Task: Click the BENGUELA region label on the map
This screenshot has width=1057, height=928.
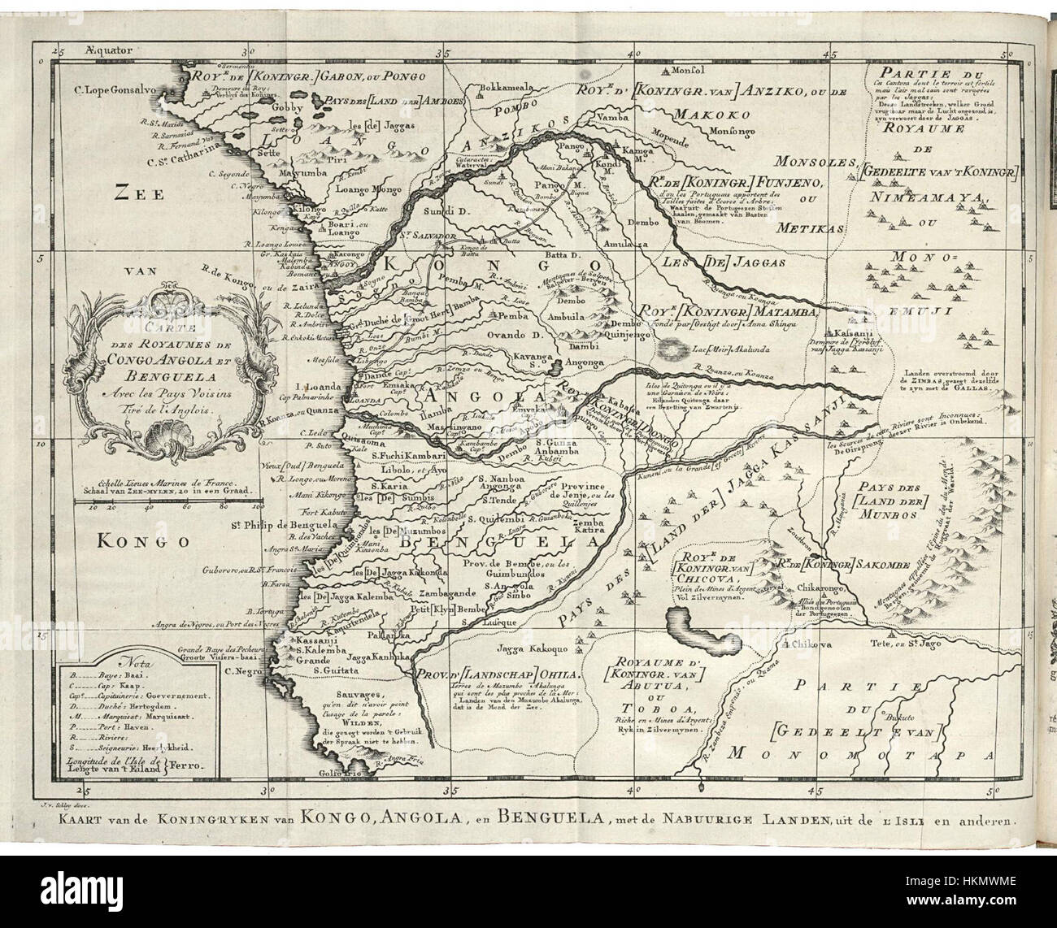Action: click(x=511, y=541)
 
